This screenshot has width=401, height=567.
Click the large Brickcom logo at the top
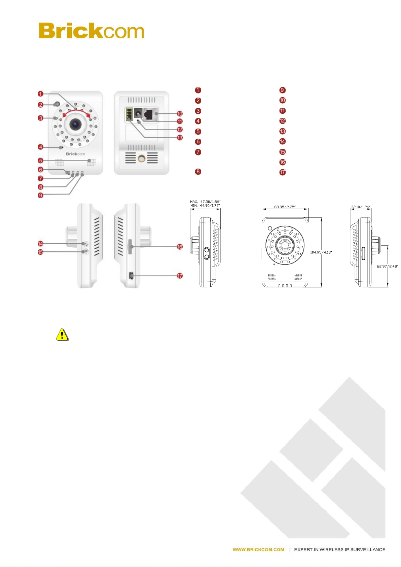coord(91,30)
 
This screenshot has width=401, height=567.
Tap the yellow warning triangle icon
coord(62,334)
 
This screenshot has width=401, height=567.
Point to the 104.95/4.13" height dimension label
coord(321,252)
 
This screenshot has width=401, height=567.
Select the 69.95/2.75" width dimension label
coord(285,207)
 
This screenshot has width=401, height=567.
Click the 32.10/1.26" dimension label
coord(361,207)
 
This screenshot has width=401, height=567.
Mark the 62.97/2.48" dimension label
coord(387,266)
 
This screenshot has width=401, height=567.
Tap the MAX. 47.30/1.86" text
coord(205,202)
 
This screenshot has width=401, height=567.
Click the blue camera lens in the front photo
coord(75,124)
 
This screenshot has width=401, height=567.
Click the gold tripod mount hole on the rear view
coord(141,158)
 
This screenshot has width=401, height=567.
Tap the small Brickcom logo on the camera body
coord(75,154)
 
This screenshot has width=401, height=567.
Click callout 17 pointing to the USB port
coord(180,276)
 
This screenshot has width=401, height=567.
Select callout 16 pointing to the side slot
coord(180,247)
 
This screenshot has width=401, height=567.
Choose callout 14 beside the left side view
coord(40,244)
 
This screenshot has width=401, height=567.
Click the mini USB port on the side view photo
coord(131,276)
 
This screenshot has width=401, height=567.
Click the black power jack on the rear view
coord(138,113)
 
